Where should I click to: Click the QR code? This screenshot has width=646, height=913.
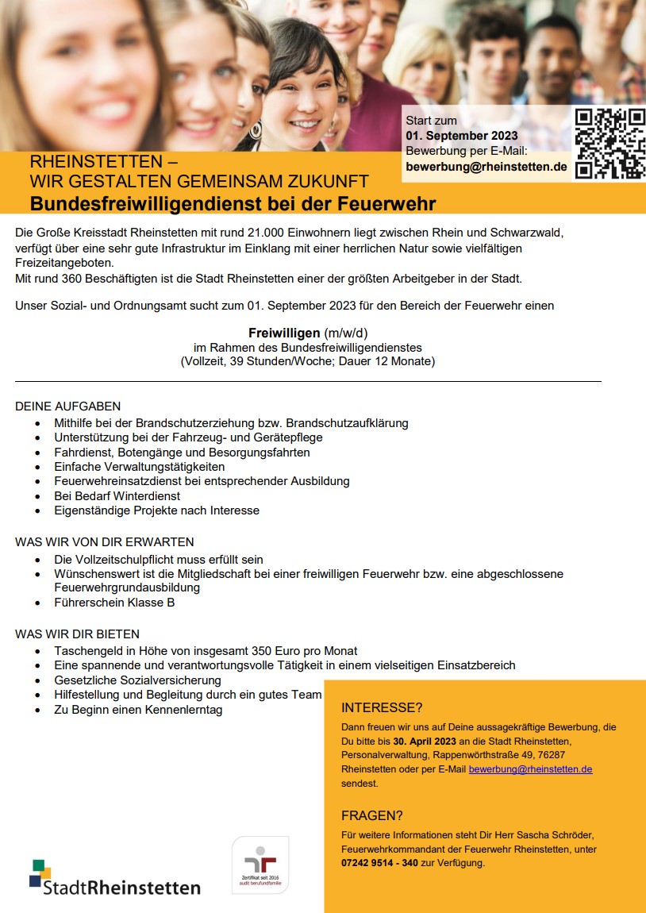(609, 143)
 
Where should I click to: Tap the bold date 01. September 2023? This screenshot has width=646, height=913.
(461, 136)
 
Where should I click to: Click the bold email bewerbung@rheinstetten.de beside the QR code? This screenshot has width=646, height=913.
(486, 167)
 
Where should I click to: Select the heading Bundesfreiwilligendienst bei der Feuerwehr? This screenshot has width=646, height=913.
(233, 204)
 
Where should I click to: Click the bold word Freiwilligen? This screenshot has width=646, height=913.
(283, 332)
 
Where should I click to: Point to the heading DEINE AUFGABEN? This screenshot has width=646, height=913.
(67, 406)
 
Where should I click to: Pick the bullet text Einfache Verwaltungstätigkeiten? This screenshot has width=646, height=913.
(140, 467)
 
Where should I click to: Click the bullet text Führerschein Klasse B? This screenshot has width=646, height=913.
(114, 603)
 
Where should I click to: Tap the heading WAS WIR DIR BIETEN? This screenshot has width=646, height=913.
(77, 634)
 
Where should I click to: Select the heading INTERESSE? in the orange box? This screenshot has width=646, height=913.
(381, 707)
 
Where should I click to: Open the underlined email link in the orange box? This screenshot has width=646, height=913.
(530, 769)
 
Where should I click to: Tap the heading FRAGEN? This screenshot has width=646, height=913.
(372, 815)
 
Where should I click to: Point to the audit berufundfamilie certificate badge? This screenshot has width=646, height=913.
(260, 865)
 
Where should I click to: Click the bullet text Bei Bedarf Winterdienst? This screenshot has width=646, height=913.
(117, 495)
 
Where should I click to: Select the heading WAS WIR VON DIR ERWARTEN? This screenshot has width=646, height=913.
(104, 542)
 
